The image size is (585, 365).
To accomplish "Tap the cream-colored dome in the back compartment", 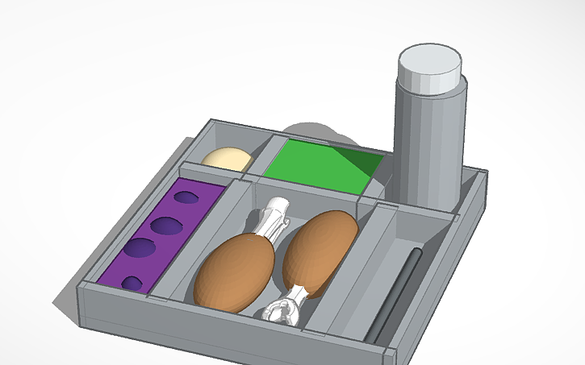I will pos(226,158).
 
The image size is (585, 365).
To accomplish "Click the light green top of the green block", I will pos(311,165).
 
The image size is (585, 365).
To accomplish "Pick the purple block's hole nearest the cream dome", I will pos(186,197).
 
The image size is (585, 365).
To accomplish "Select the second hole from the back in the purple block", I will pos(168,225).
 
